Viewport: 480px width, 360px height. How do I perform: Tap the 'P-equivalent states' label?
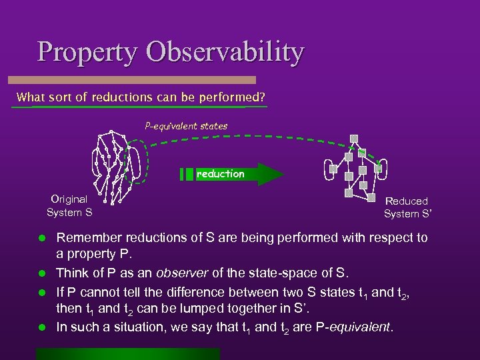pyautogui.click(x=186, y=125)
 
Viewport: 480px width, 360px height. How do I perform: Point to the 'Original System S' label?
pyautogui.click(x=69, y=206)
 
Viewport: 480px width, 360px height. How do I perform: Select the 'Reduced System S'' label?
pyautogui.click(x=406, y=207)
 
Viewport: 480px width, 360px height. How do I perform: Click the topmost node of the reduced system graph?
pyautogui.click(x=355, y=139)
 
